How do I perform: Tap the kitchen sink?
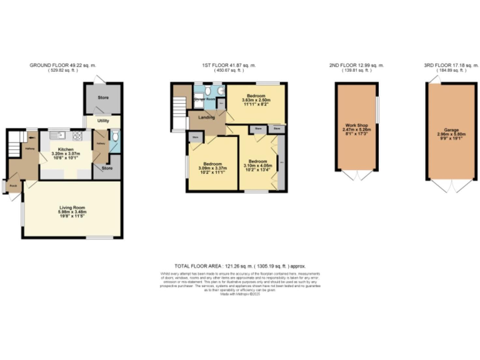56,134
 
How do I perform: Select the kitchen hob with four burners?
79,134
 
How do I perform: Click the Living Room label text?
72,207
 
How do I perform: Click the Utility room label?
102,122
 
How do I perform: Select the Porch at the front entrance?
12,186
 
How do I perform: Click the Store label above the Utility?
102,98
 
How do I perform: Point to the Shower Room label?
204,99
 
